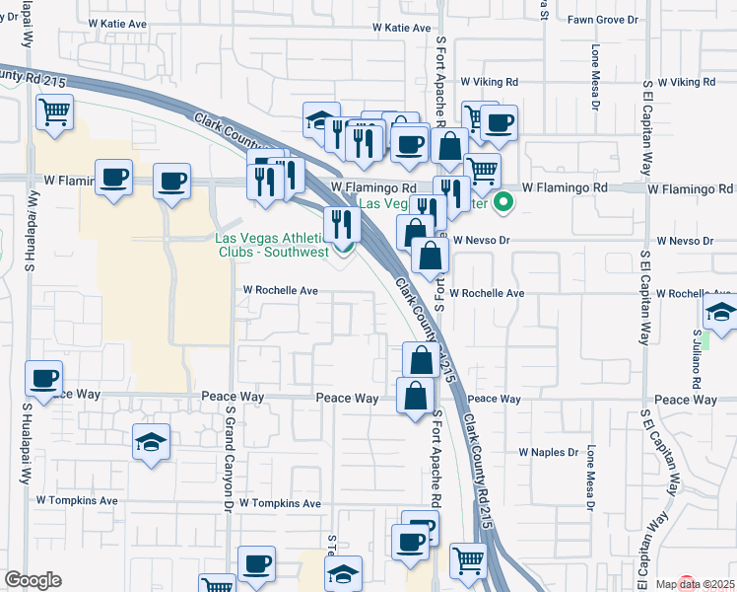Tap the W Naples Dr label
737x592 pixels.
(x=546, y=452)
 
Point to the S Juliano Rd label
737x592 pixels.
(x=695, y=361)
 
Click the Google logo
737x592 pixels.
(x=33, y=580)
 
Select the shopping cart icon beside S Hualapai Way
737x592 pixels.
(x=55, y=111)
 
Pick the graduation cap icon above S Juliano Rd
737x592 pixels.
(x=721, y=312)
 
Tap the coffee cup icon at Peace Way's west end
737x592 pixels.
(x=44, y=378)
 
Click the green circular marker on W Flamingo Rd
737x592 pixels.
(x=503, y=204)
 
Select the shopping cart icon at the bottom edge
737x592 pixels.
(x=469, y=560)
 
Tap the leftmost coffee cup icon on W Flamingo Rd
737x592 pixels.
(x=114, y=178)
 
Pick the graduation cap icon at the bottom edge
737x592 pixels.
(x=343, y=573)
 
